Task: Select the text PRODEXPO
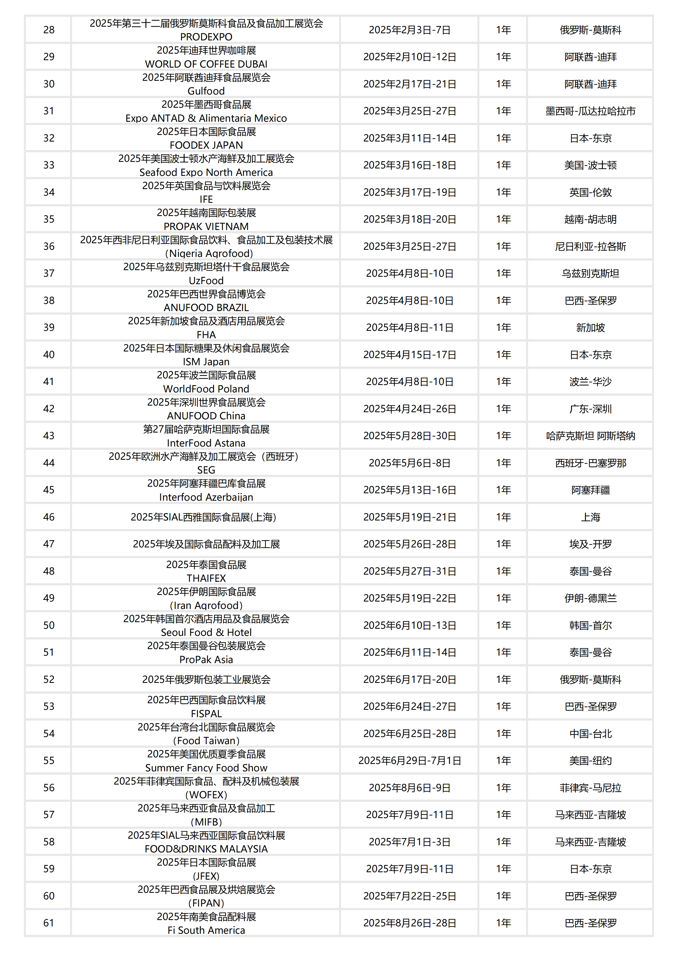point(206,37)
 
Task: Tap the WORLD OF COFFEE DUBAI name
point(206,64)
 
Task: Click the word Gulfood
point(206,91)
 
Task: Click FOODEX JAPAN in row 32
point(206,145)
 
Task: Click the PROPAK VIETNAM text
point(206,227)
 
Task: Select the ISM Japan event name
point(206,362)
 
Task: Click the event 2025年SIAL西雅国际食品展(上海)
point(204,517)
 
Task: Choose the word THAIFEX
point(206,578)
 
